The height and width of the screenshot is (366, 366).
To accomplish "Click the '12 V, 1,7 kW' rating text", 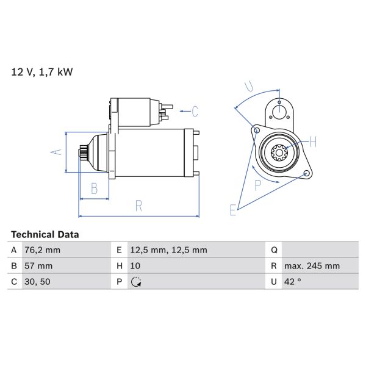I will (42, 72).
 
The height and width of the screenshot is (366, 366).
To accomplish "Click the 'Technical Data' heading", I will (45, 234).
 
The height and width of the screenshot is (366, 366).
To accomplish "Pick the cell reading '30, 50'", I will (38, 282).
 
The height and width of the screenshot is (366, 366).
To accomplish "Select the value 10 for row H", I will (136, 266).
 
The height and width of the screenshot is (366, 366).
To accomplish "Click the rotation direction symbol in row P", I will (136, 282).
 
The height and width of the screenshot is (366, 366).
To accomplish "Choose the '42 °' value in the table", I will (293, 282).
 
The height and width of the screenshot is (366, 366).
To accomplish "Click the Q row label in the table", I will (274, 250).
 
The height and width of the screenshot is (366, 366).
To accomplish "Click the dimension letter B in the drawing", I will (94, 189).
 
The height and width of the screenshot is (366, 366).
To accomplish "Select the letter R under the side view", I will (138, 206).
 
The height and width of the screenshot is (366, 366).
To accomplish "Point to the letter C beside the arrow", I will (195, 111).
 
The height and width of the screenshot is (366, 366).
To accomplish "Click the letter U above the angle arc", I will (248, 85).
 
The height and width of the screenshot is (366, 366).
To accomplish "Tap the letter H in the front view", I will (313, 143).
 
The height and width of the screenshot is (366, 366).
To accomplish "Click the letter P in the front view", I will (258, 185).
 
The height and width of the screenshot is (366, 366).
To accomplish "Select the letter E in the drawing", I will (232, 210).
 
